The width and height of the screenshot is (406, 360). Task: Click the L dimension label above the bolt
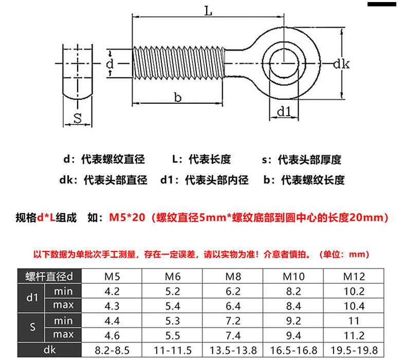tap(208, 11)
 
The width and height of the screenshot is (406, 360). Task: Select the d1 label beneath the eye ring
tap(284, 111)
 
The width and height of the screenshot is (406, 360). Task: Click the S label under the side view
tap(78, 118)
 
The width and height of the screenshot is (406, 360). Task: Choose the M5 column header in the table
tap(113, 277)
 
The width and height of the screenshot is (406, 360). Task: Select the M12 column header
tap(354, 277)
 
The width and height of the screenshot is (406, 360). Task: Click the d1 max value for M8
tap(233, 305)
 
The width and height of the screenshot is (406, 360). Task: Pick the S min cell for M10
tap(294, 321)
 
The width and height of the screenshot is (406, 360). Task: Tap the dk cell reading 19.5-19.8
tap(354, 350)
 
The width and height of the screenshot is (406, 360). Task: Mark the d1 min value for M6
tap(173, 291)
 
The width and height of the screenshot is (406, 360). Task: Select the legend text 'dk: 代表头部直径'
tap(103, 180)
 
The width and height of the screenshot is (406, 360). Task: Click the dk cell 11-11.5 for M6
tap(173, 350)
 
